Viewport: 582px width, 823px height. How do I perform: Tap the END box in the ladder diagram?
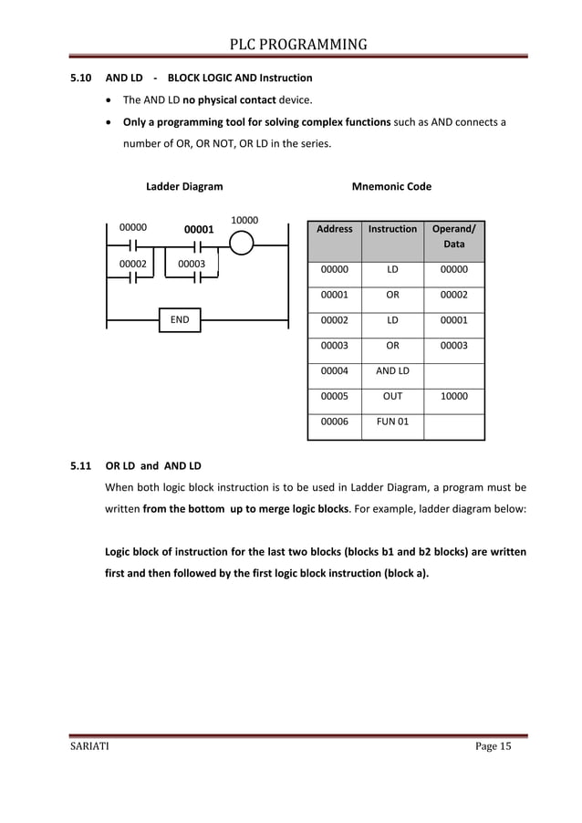click(180, 320)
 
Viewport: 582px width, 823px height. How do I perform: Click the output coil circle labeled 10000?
click(243, 245)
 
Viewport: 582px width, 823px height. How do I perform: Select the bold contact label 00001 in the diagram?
click(199, 230)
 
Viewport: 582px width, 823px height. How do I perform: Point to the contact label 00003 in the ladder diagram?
click(191, 264)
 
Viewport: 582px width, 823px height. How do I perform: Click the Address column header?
click(334, 229)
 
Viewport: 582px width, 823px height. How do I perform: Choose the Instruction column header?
click(392, 229)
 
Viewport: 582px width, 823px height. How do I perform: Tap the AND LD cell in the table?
click(392, 370)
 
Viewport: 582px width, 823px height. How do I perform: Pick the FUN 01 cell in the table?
click(392, 422)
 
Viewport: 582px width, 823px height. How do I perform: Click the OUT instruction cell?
click(392, 397)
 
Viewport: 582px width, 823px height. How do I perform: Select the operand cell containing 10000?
click(453, 397)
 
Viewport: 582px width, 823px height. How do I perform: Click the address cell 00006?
click(334, 422)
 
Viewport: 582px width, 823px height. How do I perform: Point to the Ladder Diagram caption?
click(184, 187)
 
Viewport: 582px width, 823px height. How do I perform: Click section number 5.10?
click(81, 78)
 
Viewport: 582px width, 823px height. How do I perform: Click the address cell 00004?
click(334, 370)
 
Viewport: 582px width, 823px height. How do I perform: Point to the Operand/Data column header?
click(453, 237)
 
